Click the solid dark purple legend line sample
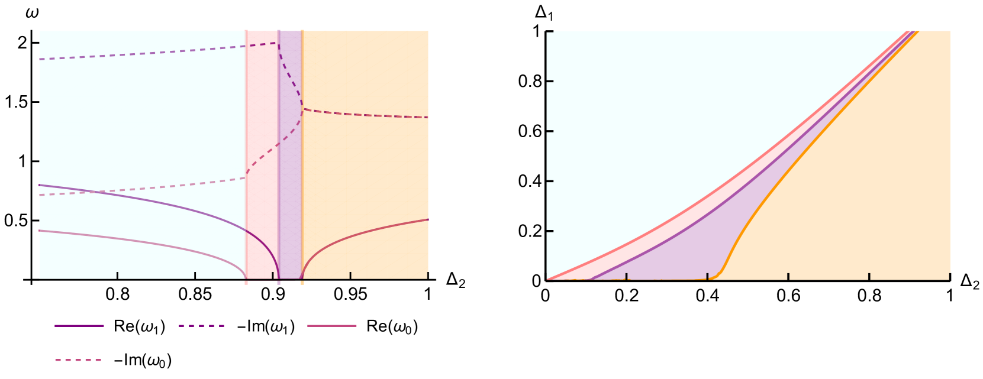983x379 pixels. pos(79,326)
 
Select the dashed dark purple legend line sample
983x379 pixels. pos(202,326)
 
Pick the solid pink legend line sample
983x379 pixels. pos(332,326)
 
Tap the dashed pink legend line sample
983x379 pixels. pos(78,360)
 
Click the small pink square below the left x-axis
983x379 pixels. pos(246,283)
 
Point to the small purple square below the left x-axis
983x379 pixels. pos(279,283)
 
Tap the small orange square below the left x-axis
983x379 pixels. pos(302,283)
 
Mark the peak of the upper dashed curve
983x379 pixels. pos(278,43)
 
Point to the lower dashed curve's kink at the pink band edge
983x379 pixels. pos(246,177)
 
